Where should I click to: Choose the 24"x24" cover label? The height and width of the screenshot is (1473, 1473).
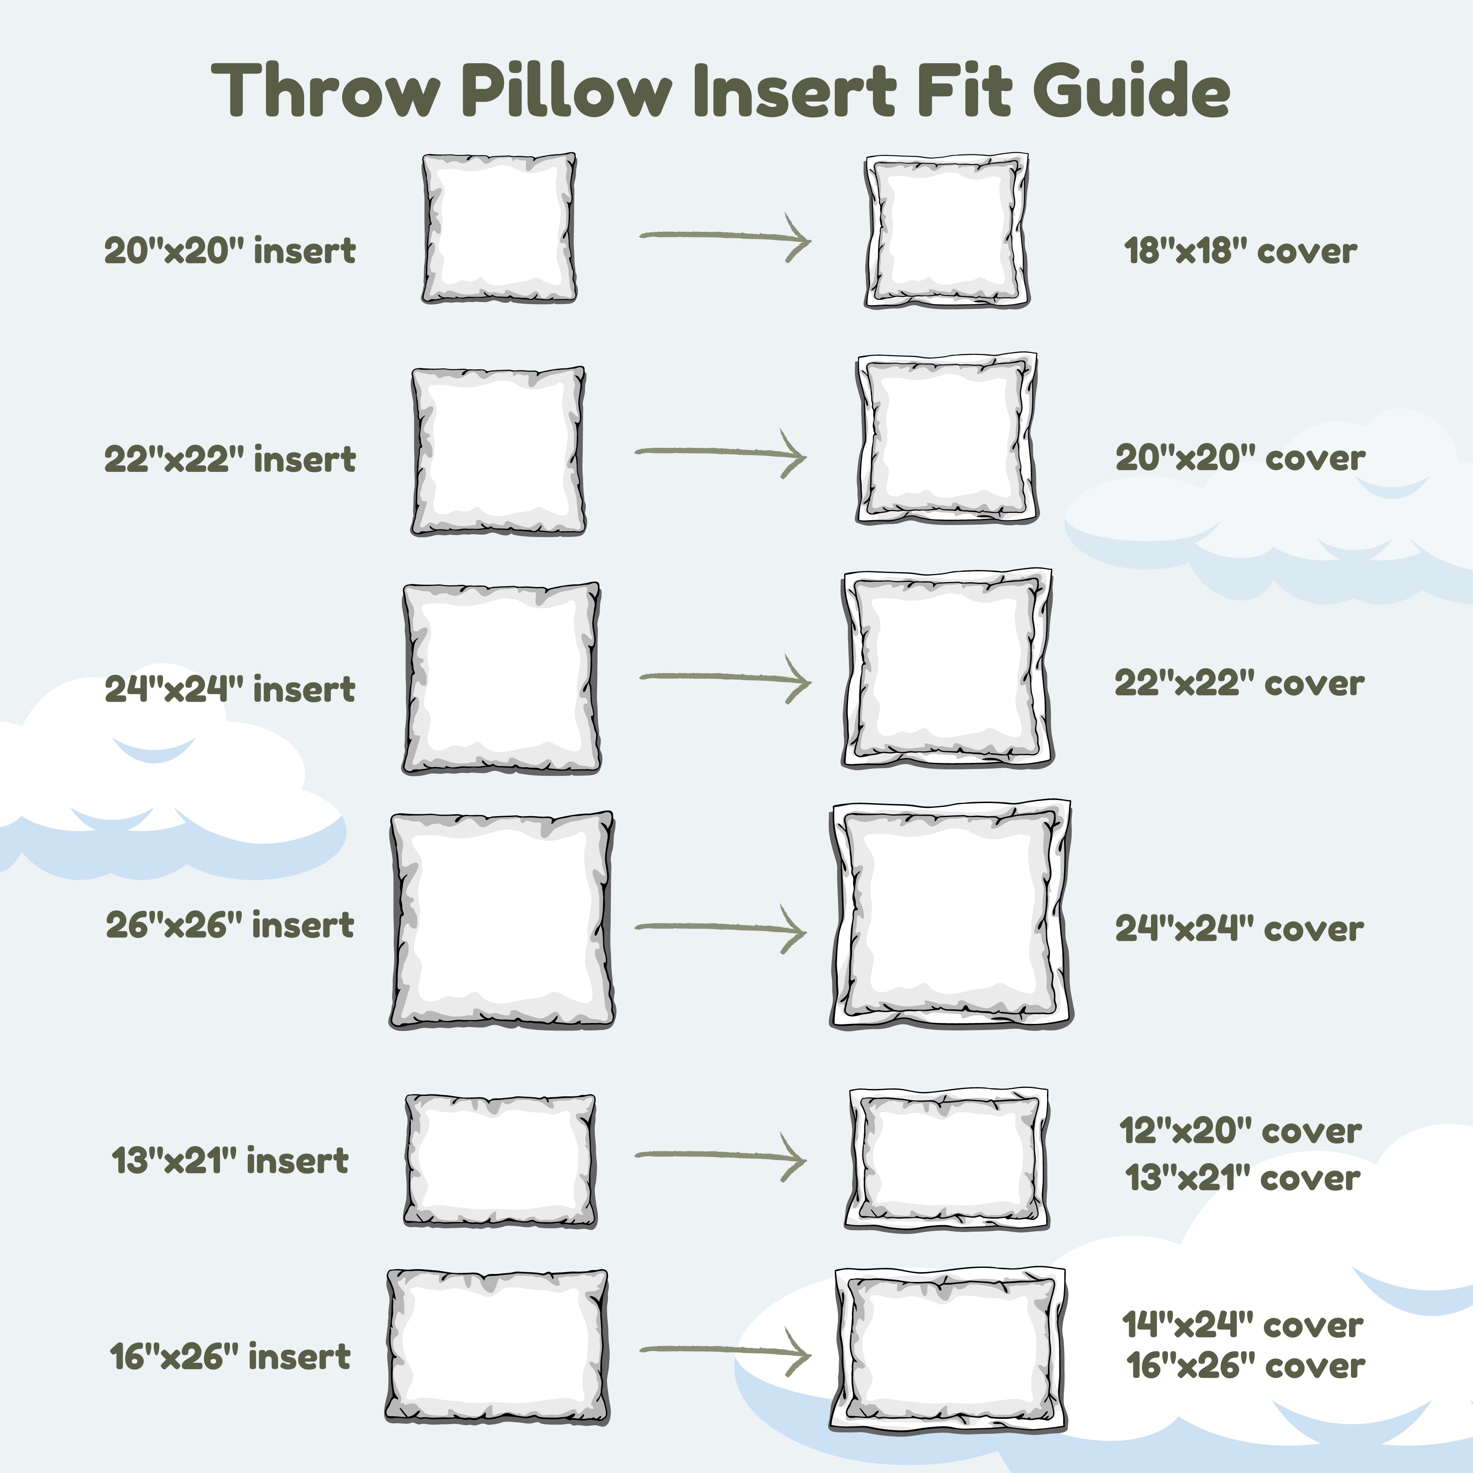pyautogui.click(x=1240, y=928)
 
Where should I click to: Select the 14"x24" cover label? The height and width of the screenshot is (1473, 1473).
pyautogui.click(x=1243, y=1325)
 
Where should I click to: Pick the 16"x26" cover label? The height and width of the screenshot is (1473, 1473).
pyautogui.click(x=1246, y=1365)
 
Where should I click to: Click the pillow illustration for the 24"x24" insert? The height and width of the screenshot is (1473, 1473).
pyautogui.click(x=501, y=679)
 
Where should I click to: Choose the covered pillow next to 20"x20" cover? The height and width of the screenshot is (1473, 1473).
pyautogui.click(x=947, y=438)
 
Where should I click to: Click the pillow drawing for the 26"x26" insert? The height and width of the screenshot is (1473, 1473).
pyautogui.click(x=501, y=921)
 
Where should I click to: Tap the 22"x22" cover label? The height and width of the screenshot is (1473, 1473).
pyautogui.click(x=1240, y=683)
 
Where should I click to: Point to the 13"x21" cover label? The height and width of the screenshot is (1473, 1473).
pyautogui.click(x=1243, y=1178)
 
